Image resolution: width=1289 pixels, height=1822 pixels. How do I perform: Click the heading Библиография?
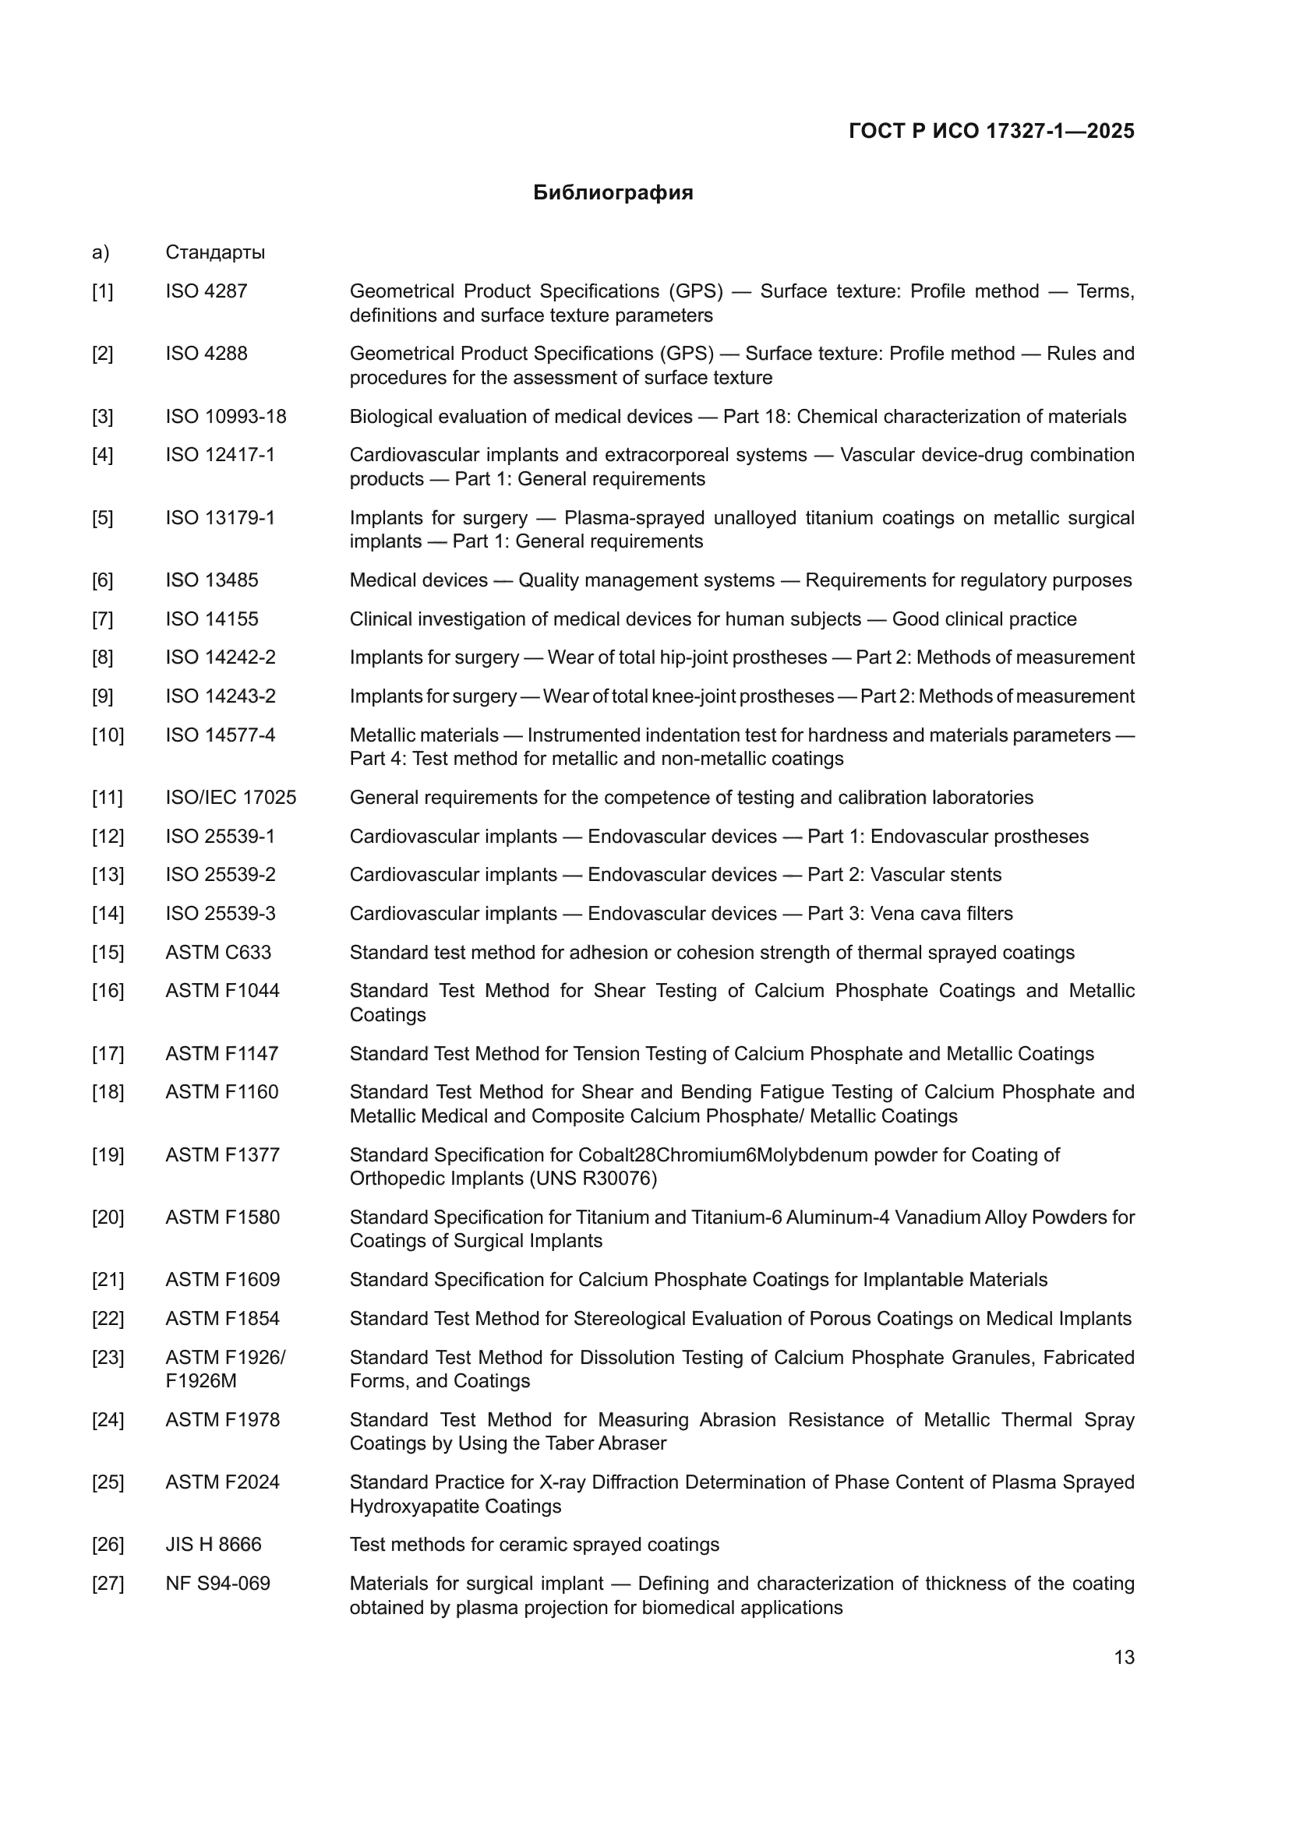(613, 193)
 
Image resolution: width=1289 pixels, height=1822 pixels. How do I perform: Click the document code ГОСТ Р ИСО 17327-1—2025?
(991, 131)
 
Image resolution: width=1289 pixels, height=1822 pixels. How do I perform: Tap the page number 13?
(1124, 1657)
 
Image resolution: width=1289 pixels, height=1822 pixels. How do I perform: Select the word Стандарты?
(215, 252)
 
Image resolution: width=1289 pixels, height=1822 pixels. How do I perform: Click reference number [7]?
(102, 619)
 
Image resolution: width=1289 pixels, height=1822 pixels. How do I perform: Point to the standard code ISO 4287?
(207, 291)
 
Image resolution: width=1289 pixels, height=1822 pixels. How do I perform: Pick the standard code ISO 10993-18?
(225, 417)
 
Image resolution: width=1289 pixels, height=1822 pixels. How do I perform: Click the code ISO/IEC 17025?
(230, 797)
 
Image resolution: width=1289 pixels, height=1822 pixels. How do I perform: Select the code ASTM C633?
(218, 952)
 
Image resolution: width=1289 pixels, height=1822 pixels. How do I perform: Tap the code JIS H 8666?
(213, 1544)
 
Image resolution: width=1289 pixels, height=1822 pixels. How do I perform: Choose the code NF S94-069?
(217, 1583)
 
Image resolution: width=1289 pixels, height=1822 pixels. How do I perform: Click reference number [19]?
(108, 1154)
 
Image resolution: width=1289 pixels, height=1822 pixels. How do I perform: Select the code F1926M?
(201, 1381)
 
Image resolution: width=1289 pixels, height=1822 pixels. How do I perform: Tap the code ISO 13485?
(212, 580)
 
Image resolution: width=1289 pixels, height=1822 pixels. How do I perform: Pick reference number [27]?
(108, 1583)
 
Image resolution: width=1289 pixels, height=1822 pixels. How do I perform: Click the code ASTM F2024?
(222, 1482)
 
